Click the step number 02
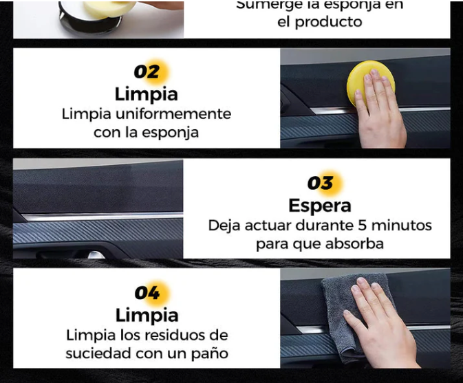pos(146,72)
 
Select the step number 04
pos(147,294)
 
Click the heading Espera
pos(319,205)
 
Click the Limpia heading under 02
pos(146,94)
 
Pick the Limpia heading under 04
pos(147,315)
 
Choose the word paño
pos(211,354)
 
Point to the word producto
pos(329,21)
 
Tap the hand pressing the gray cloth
pos(382,323)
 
